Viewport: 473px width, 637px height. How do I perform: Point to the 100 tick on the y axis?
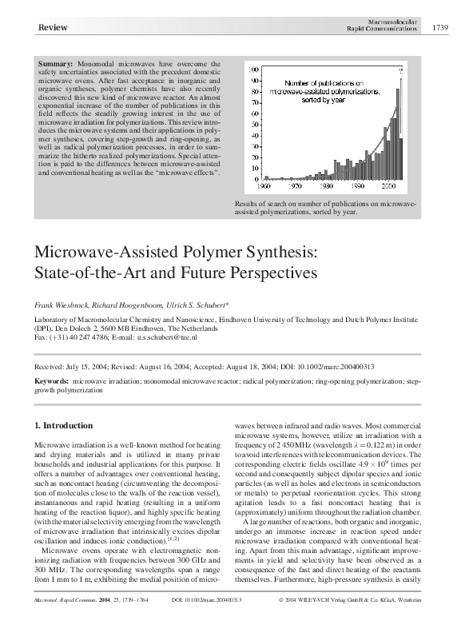point(255,68)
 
